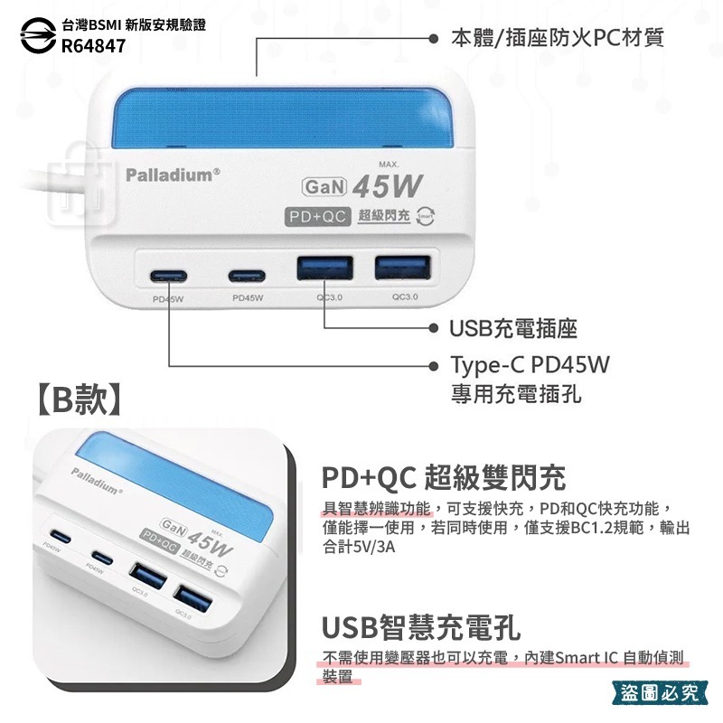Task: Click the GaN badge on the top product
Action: pyautogui.click(x=323, y=187)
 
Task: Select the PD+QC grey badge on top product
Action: pyautogui.click(x=316, y=217)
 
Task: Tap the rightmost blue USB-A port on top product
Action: pyautogui.click(x=400, y=269)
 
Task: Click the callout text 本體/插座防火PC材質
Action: pyautogui.click(x=558, y=38)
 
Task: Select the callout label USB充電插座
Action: pyautogui.click(x=514, y=328)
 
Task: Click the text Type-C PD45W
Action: pyautogui.click(x=531, y=366)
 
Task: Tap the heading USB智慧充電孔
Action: pyautogui.click(x=421, y=627)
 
